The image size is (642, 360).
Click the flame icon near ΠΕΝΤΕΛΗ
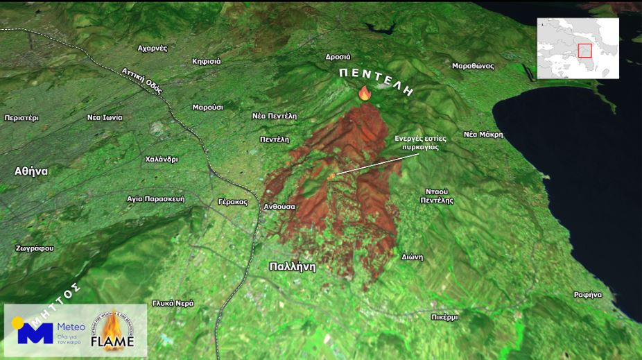coord(365,93)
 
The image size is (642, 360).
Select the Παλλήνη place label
coord(292,266)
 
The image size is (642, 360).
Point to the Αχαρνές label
coord(153,49)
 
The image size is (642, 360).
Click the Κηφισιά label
coord(207,61)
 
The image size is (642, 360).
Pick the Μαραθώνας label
coord(473,66)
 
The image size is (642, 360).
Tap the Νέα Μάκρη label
coord(483,135)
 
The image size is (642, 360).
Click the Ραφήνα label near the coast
coord(587,295)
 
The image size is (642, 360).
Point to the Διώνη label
coord(412,256)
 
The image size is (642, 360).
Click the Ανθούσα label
coord(280,207)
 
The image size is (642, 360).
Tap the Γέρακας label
coord(232,202)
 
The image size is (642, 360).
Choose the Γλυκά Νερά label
coord(173,303)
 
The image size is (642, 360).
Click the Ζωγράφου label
coord(35,248)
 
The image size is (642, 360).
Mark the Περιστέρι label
coord(21,118)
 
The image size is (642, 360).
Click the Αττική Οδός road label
coord(142,80)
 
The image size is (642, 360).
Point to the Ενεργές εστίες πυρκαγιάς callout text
coord(420,143)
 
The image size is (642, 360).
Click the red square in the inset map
coord(584,51)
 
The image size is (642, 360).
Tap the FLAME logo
coord(113,331)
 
